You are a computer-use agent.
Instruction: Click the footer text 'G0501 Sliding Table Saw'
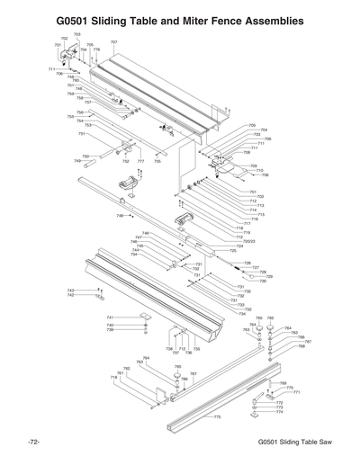[295, 443]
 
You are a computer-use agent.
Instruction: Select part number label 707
[114, 42]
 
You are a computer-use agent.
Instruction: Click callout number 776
[96, 50]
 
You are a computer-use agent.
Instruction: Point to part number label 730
[263, 282]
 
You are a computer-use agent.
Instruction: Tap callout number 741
[110, 317]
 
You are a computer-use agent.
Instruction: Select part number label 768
[302, 347]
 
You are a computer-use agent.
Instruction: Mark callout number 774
[279, 411]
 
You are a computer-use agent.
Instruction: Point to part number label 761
[120, 372]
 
